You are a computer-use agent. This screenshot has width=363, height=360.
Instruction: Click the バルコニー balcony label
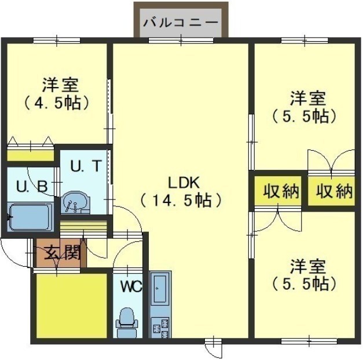[x=181, y=23]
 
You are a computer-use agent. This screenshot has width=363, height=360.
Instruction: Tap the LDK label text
[x=184, y=183]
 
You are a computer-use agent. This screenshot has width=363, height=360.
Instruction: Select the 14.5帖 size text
[x=181, y=200]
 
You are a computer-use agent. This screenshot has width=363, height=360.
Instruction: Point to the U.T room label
[x=86, y=166]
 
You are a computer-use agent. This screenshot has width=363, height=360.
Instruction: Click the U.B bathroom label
[x=32, y=186]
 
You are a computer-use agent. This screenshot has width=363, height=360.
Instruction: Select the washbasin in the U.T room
[x=75, y=202]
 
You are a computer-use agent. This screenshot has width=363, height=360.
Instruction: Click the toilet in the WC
[x=127, y=322]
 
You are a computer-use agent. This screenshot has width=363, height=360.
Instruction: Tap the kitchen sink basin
[x=160, y=289]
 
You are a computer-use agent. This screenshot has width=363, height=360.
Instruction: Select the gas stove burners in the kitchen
[x=160, y=328]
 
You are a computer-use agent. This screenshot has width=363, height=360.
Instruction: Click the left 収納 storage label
[x=281, y=191]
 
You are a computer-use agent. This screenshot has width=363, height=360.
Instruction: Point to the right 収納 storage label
[x=334, y=191]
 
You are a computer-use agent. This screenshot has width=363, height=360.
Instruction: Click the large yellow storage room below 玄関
[x=72, y=306]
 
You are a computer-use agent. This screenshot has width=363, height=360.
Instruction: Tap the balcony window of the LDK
[x=181, y=41]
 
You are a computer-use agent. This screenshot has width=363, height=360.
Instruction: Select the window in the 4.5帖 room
[x=57, y=41]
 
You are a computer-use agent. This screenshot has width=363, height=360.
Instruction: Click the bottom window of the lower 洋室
[x=309, y=341]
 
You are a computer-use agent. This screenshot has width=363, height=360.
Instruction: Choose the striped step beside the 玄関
[x=83, y=227]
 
